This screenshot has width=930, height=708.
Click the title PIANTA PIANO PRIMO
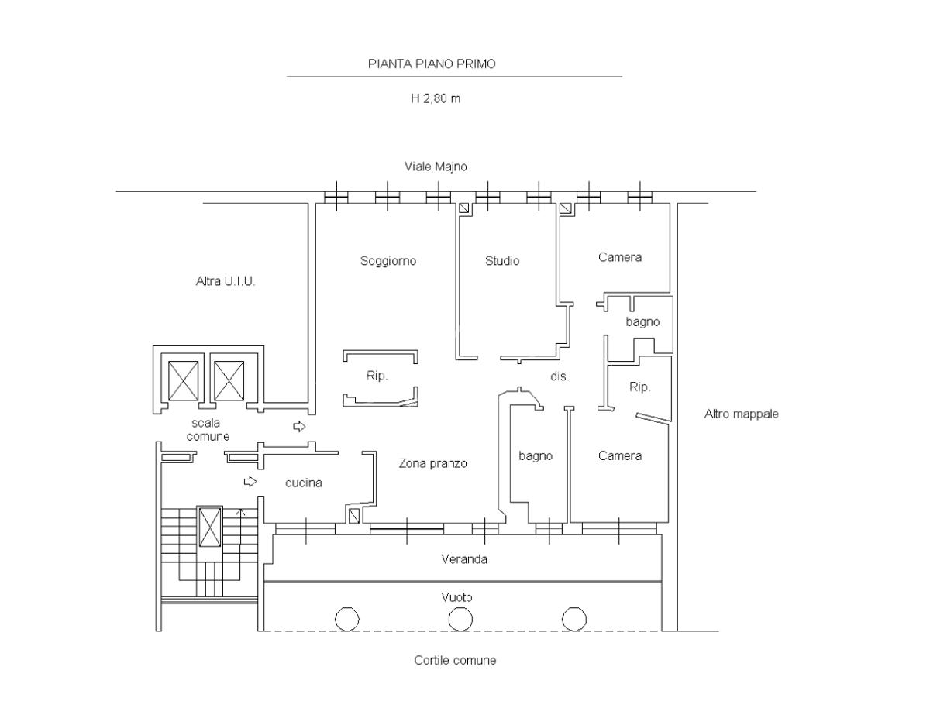432,64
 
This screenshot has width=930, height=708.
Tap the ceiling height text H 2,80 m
435,98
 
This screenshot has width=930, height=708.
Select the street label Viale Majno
436,167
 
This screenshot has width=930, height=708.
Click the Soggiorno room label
388,261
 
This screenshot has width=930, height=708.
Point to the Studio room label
502,260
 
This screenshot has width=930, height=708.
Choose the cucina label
303,483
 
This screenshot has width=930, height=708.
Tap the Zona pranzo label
432,464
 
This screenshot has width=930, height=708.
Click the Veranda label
464,559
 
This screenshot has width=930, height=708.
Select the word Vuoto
456,597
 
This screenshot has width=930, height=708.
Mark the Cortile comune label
455,660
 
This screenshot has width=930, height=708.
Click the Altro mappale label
741,414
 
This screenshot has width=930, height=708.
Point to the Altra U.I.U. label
226,281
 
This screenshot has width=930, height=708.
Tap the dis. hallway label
560,376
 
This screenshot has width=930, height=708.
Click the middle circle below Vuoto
460,619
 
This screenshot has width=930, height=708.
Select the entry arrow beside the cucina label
250,482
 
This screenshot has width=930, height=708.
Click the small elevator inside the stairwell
210,528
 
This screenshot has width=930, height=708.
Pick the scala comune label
208,429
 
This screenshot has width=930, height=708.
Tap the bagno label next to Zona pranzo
536,456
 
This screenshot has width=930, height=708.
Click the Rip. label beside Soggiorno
377,376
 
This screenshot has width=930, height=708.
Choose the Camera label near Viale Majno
620,257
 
